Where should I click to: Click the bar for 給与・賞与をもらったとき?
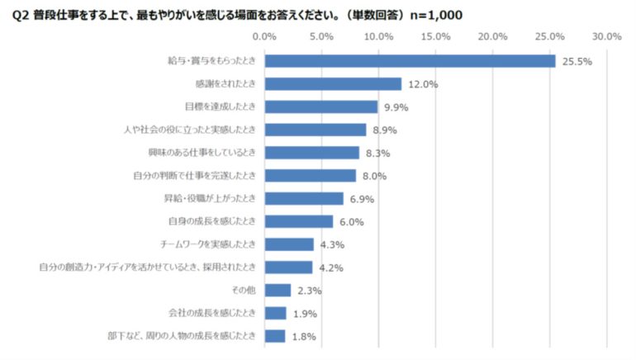(410, 61)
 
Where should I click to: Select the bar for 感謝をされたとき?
(333, 84)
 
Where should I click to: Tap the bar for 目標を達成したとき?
(320, 107)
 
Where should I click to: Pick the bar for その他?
(278, 290)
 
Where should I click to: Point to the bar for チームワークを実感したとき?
(289, 244)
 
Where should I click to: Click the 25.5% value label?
(577, 62)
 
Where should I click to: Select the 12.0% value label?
(424, 84)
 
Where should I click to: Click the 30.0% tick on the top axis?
(607, 36)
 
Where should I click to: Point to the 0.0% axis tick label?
(264, 36)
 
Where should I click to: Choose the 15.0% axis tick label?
(435, 36)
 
